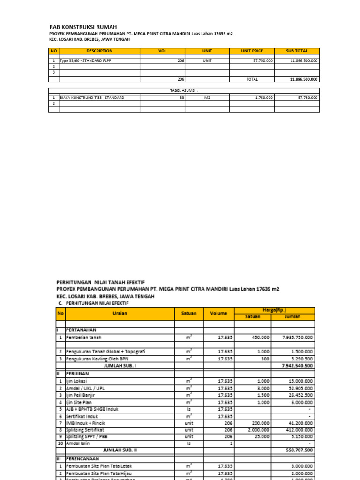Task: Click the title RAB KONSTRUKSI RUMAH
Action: pos(83,27)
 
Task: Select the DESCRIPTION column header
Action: pos(99,51)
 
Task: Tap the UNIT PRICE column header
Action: pos(252,51)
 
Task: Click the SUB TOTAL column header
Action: pos(297,51)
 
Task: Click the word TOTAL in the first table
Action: pos(252,79)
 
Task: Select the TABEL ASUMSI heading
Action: pos(184,90)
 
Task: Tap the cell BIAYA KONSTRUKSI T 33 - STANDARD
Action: pos(92,97)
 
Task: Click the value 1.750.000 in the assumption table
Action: pos(262,97)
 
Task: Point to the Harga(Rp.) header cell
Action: pos(274,310)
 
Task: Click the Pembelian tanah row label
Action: pos(83,337)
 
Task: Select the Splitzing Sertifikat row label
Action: pos(85,429)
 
